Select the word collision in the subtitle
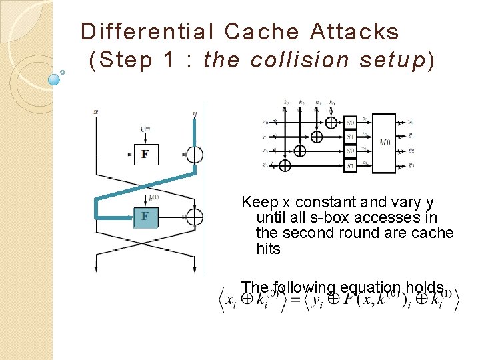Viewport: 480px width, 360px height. pos(299,60)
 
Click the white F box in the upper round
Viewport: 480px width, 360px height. pos(145,155)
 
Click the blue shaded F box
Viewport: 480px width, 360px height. pos(145,217)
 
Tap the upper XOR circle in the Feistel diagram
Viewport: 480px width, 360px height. pos(195,155)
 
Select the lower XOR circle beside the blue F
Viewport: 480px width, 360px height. pos(195,217)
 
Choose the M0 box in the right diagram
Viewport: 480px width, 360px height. pos(385,143)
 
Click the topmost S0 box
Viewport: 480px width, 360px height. pos(351,122)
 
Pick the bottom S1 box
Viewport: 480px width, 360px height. pos(351,165)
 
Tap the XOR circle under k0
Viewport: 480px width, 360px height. pos(332,123)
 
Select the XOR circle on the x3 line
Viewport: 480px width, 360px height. pos(285,165)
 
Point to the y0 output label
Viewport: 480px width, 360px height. pos(411,122)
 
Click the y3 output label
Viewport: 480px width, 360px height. pos(411,165)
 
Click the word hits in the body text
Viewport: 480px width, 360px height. pos(268,249)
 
